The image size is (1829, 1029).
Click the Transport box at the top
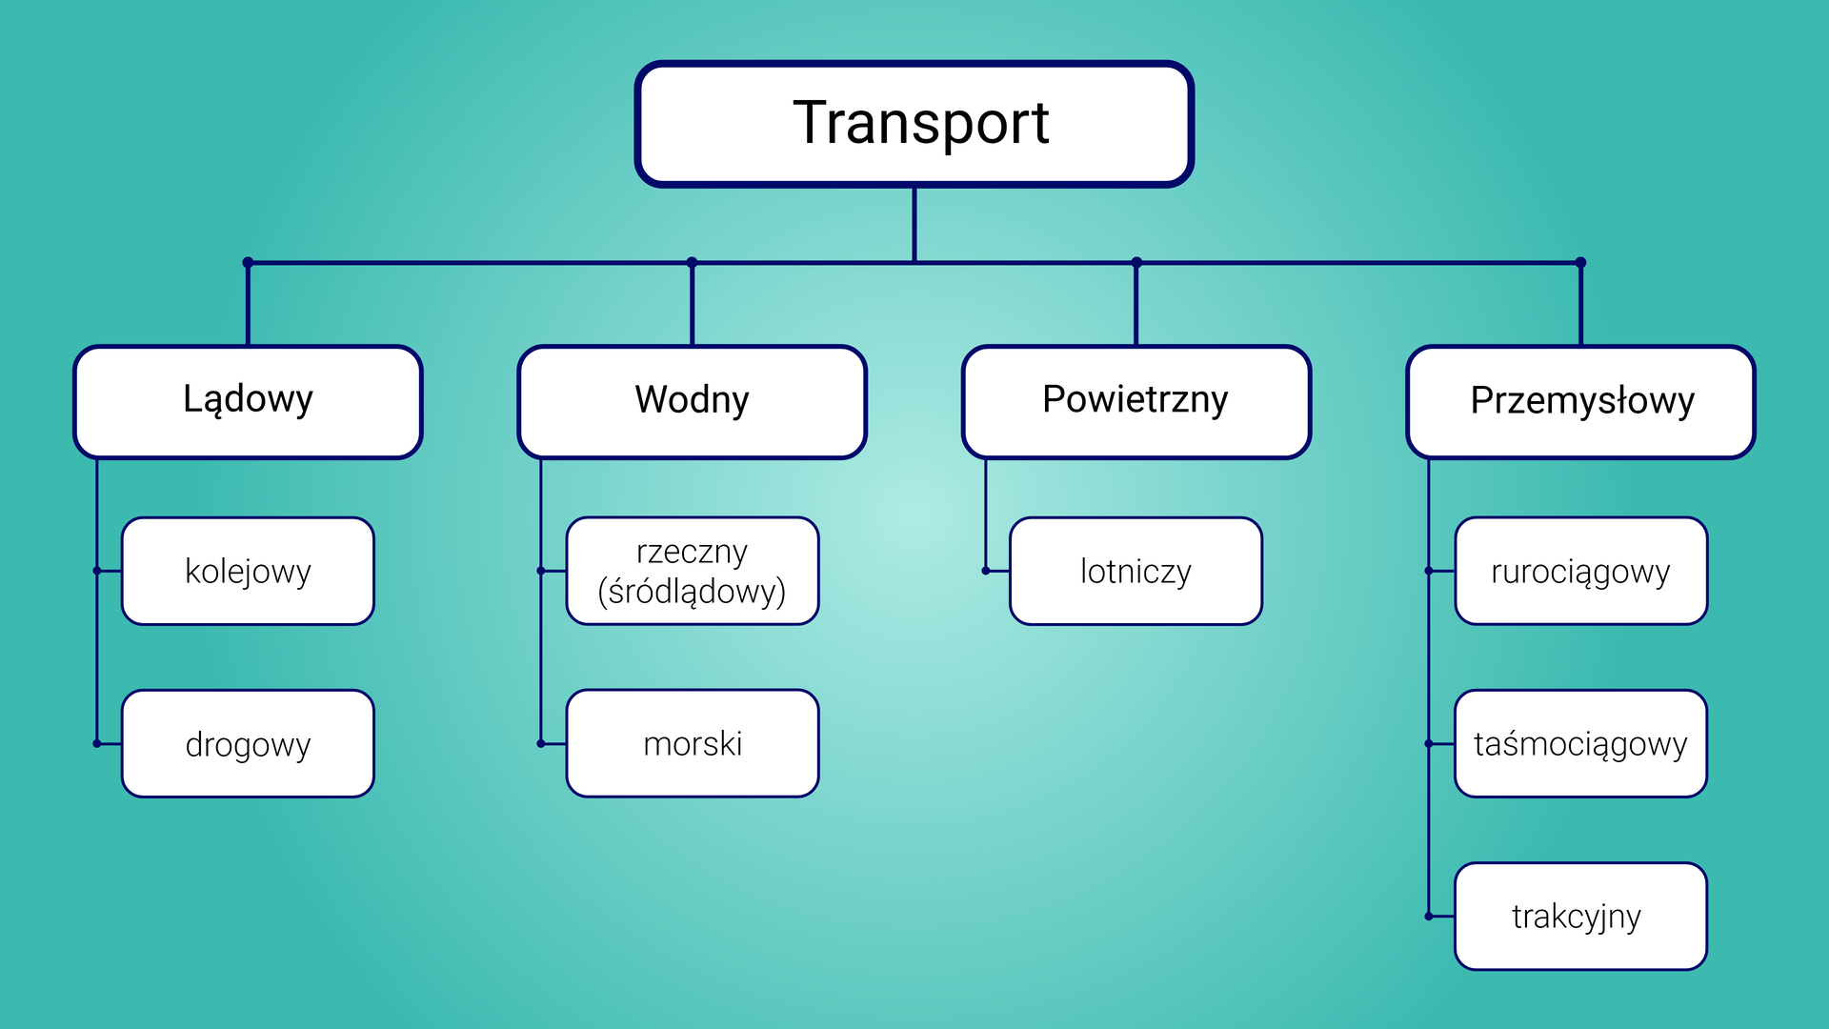tap(914, 124)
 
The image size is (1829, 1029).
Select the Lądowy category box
tap(248, 401)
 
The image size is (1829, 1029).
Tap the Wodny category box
tap(693, 401)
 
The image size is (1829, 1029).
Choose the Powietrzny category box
tap(1136, 401)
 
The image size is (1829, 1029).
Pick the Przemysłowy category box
tap(1581, 401)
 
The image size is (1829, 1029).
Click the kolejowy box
tap(248, 572)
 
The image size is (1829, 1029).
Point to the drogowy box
tap(248, 744)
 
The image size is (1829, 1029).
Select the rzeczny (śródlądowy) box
tap(693, 572)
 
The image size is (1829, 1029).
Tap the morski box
tap(693, 744)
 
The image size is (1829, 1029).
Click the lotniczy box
tap(1136, 572)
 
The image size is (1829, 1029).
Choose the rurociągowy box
tap(1581, 572)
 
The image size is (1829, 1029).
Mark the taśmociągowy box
tap(1581, 744)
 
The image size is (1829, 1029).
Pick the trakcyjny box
tap(1581, 917)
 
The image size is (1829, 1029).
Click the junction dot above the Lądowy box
tap(248, 262)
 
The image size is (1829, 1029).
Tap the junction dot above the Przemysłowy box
tap(1581, 262)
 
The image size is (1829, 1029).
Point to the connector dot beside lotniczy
tap(986, 571)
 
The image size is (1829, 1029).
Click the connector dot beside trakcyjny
tap(1429, 917)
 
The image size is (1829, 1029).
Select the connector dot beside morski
tap(541, 743)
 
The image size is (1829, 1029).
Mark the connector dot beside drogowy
tap(97, 743)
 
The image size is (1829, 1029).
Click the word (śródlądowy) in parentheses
tap(693, 593)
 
